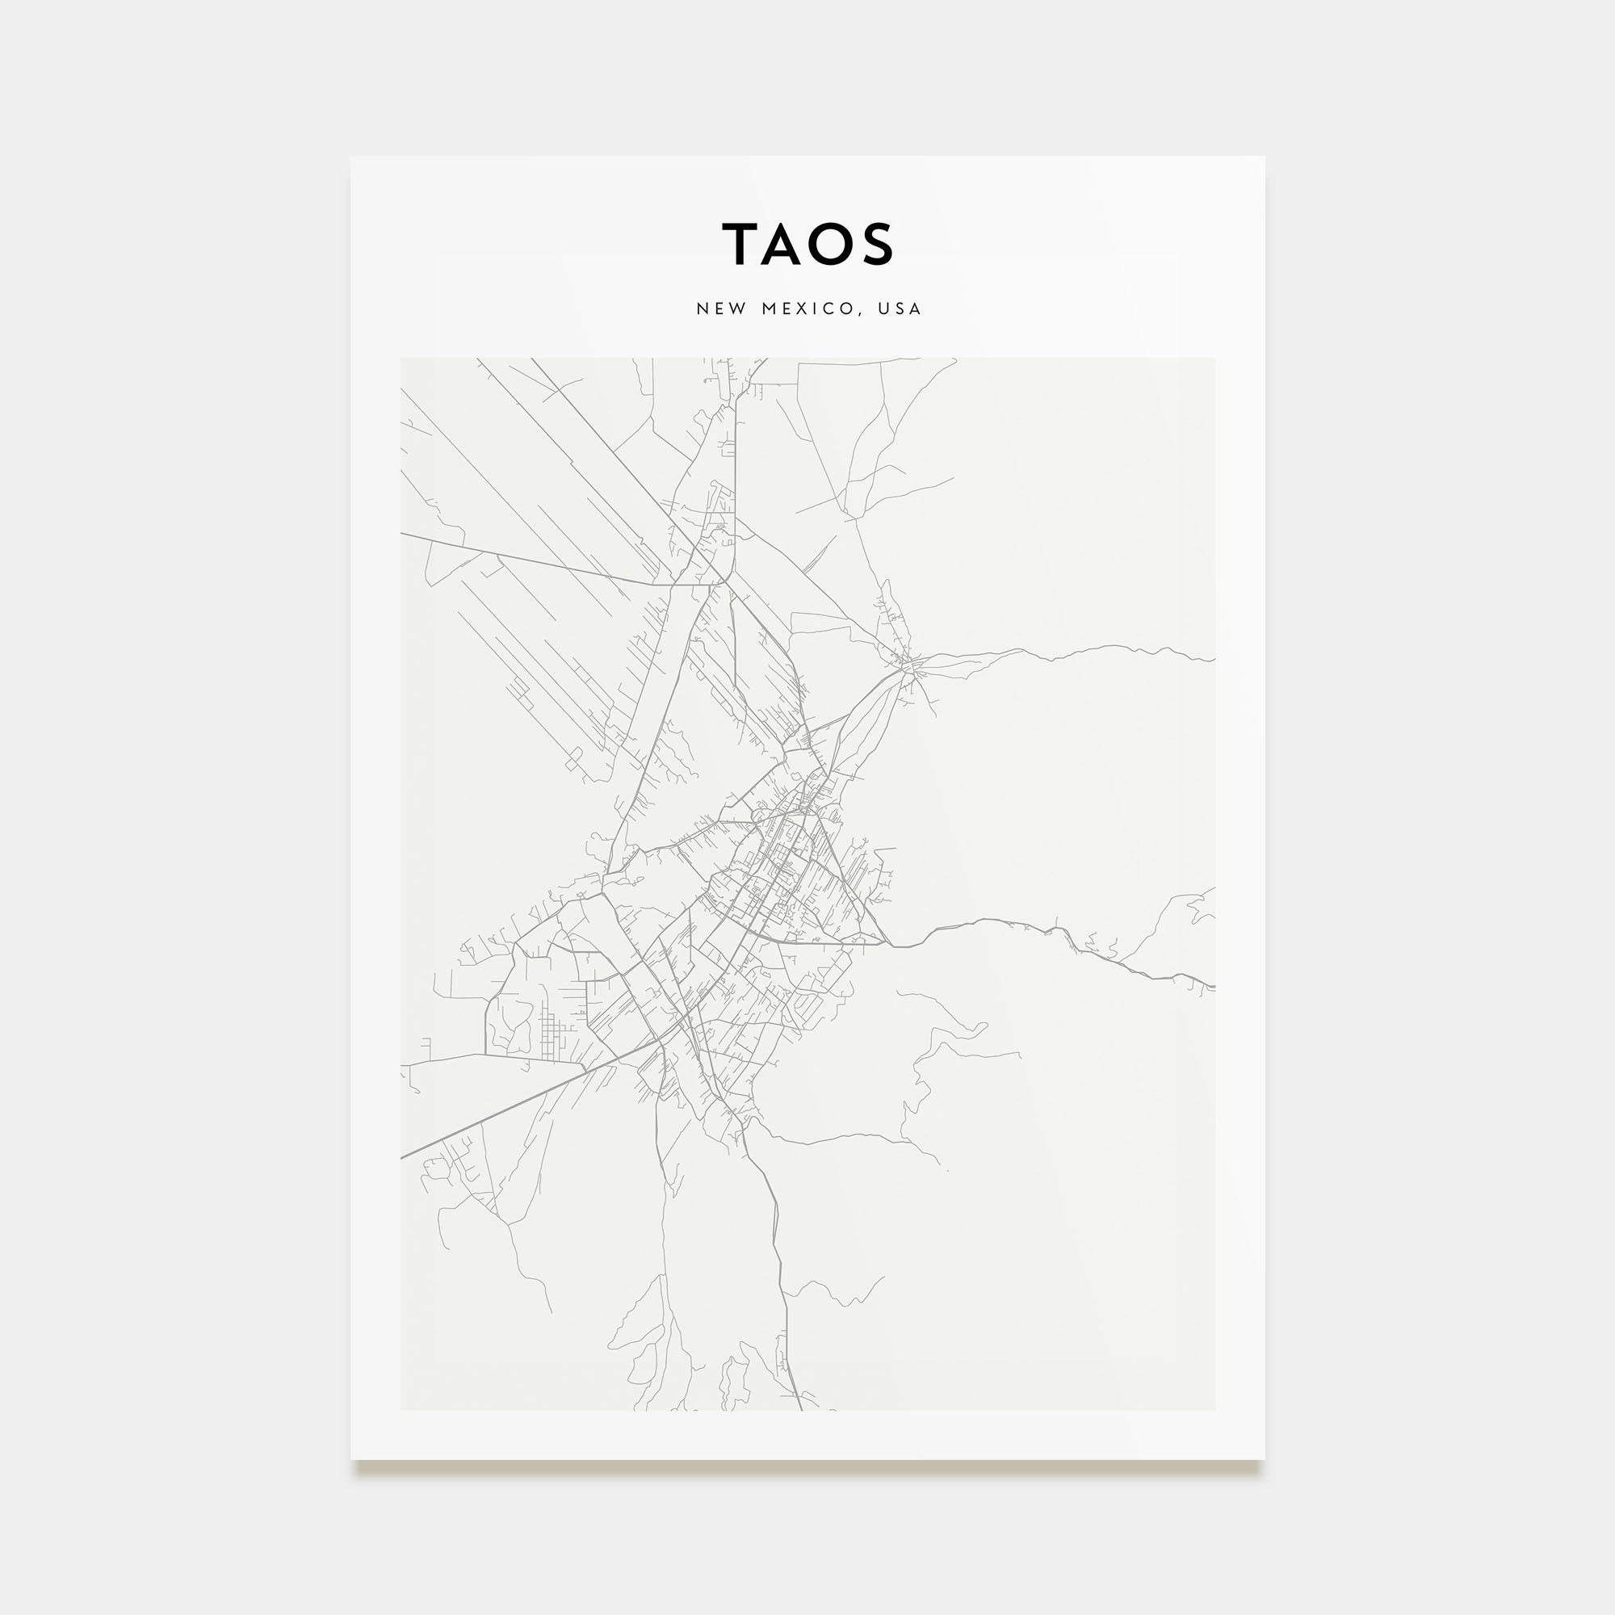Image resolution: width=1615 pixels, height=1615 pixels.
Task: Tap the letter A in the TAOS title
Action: [784, 244]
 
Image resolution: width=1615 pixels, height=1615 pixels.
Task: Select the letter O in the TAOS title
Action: [831, 244]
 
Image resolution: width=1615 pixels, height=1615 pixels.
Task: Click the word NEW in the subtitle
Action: [720, 308]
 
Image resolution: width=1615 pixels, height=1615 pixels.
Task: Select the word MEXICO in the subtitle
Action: [807, 308]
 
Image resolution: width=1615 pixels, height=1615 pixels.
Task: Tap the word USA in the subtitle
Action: [900, 308]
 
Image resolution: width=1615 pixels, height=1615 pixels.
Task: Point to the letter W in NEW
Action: [738, 308]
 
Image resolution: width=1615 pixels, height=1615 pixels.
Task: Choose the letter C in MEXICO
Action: [831, 308]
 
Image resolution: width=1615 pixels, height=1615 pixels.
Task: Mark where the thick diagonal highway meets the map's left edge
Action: [402, 1158]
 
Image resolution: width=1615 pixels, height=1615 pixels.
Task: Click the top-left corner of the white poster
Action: [351, 157]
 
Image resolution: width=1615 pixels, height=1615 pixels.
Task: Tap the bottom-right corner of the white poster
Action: [1264, 1458]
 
